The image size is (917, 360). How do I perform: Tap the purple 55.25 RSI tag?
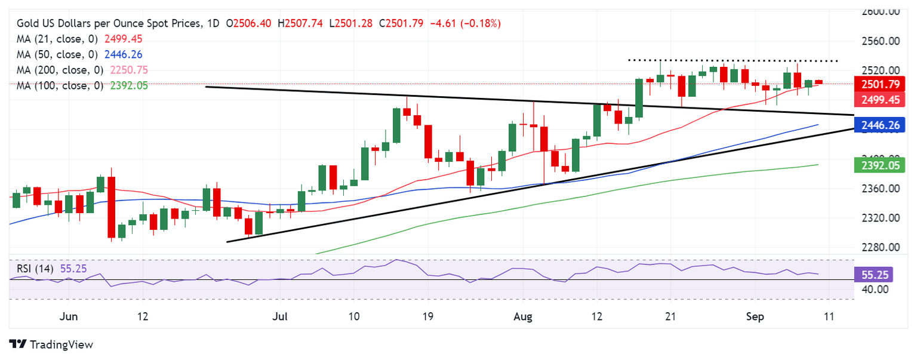(876, 275)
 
